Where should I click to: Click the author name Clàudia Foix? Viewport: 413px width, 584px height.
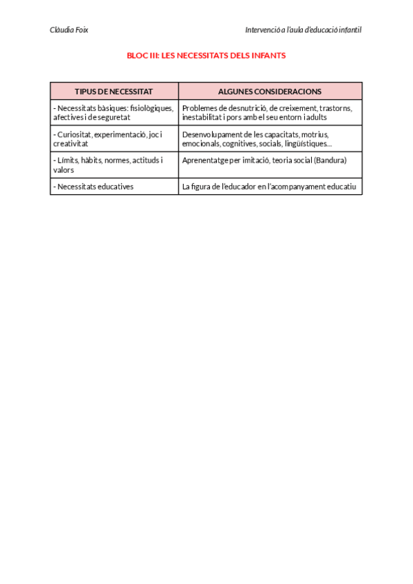[x=69, y=30]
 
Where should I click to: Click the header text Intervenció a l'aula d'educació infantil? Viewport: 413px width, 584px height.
[x=303, y=30]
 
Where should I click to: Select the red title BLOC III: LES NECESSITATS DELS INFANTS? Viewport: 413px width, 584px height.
[x=206, y=56]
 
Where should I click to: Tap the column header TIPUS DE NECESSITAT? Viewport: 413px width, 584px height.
[x=114, y=91]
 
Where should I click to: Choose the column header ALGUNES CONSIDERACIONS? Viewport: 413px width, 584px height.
[x=270, y=91]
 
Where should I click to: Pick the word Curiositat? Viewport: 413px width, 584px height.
[x=74, y=134]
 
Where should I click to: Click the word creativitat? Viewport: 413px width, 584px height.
[x=70, y=144]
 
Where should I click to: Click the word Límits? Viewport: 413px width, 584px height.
[x=67, y=160]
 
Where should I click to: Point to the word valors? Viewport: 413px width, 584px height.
[x=63, y=170]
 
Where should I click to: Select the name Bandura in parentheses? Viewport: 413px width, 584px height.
[x=329, y=160]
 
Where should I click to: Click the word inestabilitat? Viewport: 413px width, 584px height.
[x=204, y=118]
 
